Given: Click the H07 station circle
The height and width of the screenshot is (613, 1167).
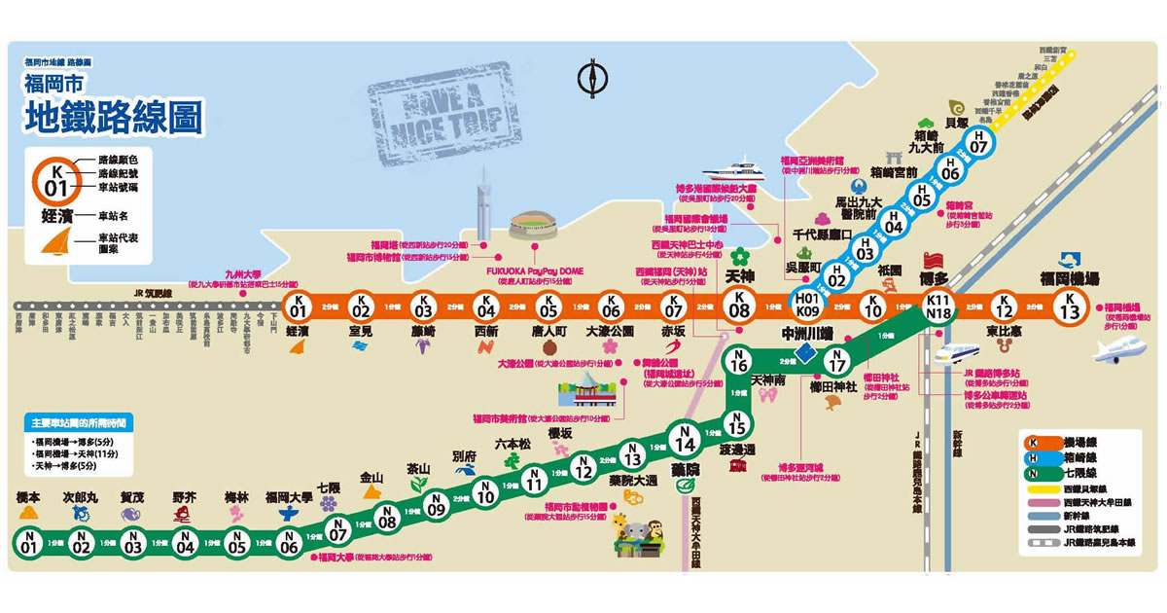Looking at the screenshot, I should pyautogui.click(x=979, y=142).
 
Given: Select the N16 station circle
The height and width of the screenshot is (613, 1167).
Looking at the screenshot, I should pyautogui.click(x=739, y=360).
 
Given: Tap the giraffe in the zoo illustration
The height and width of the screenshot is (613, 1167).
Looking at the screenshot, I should pyautogui.click(x=623, y=530).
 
